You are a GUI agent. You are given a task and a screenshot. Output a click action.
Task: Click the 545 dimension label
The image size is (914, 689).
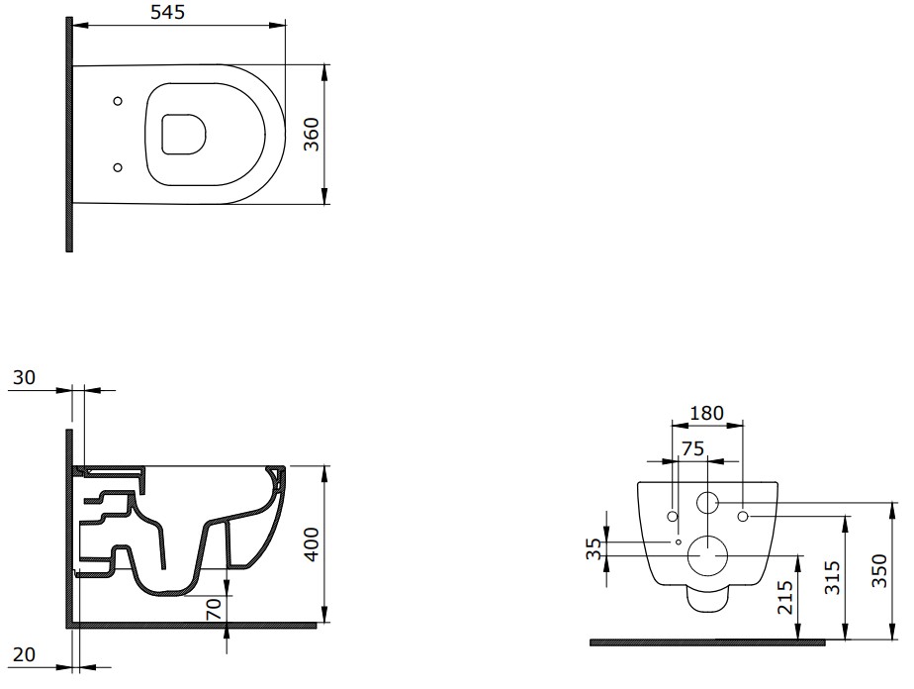167,12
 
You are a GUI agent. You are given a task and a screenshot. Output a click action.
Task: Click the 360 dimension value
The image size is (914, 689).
312,135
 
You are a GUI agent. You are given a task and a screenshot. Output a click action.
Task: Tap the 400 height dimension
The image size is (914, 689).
312,544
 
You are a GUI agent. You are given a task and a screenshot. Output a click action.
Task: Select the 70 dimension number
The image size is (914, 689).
214,609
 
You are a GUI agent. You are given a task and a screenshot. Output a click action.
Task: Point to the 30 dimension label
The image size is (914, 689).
24,377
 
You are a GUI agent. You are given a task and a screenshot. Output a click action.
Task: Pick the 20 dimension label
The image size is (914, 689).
24,654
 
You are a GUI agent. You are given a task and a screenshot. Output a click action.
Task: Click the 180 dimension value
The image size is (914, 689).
706,413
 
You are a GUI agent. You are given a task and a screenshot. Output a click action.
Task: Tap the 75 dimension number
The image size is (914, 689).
692,448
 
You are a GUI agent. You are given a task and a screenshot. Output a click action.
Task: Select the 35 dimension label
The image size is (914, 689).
594,548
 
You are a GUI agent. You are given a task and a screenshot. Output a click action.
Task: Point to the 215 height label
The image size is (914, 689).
785,597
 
